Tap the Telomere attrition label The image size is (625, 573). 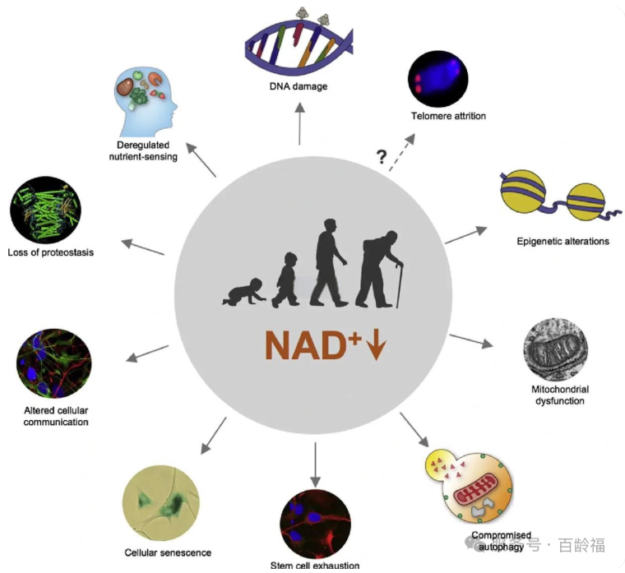[x=448, y=116]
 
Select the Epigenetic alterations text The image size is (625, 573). [x=562, y=242]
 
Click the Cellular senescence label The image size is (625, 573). [x=168, y=552]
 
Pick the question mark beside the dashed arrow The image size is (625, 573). [x=382, y=157]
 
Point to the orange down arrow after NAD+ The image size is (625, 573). [x=377, y=345]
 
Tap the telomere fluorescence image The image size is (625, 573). [x=438, y=79]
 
